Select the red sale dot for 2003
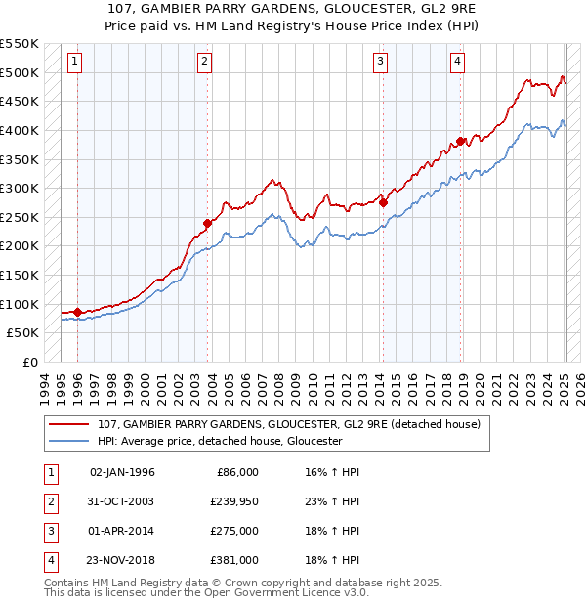(208, 223)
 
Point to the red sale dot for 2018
(460, 141)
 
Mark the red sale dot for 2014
(383, 202)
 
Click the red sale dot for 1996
(77, 312)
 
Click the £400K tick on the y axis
(20, 130)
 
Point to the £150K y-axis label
(20, 275)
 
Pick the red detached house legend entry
(289, 425)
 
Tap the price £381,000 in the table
(235, 560)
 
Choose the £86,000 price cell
(238, 472)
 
